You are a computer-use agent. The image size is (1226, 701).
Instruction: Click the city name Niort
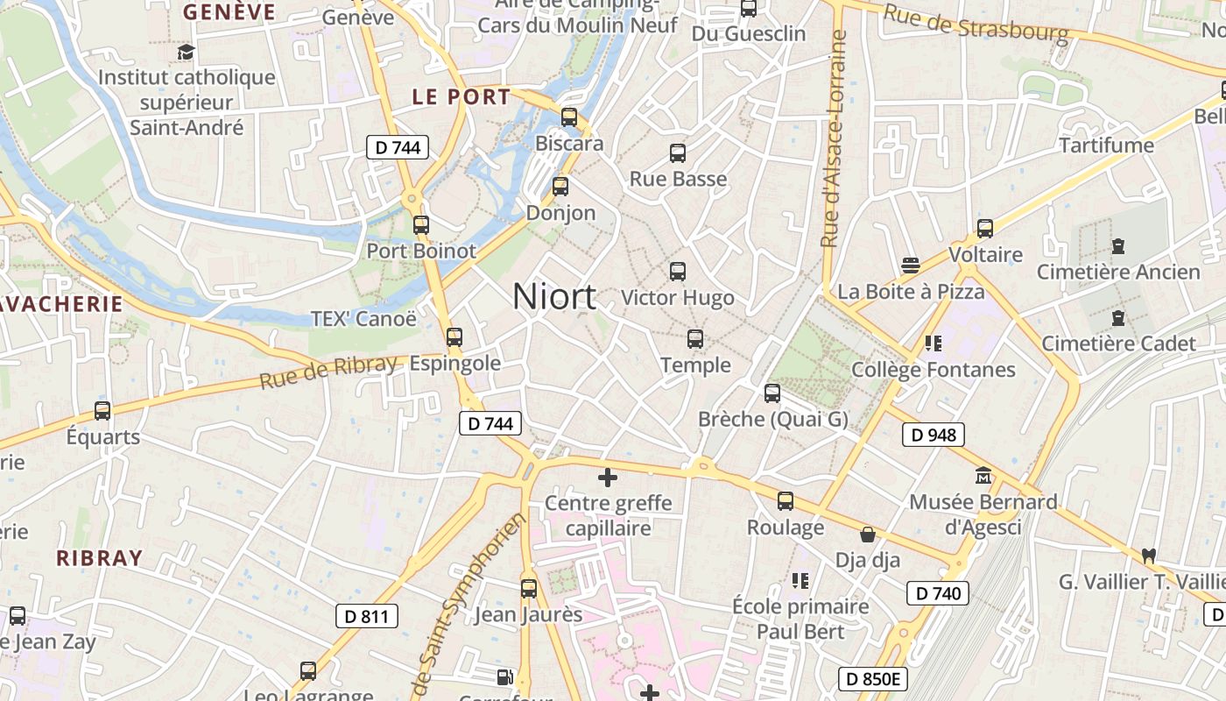554,297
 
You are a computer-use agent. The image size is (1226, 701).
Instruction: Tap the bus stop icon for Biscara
569,117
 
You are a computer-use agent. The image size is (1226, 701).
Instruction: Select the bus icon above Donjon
560,186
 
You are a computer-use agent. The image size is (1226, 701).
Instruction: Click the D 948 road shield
933,435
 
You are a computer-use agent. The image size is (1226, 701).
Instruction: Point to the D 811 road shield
366,616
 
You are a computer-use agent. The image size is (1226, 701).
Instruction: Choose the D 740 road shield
937,593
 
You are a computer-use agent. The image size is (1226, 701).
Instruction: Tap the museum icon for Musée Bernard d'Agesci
983,476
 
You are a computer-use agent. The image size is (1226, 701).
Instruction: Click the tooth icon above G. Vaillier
1148,556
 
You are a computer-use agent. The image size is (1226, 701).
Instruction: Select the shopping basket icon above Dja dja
868,535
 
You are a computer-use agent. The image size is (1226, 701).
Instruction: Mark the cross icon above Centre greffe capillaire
607,478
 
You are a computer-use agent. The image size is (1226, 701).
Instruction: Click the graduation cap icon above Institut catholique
186,52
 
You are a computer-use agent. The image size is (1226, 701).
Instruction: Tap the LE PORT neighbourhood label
461,97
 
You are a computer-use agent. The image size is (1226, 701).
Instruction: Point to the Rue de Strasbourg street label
976,24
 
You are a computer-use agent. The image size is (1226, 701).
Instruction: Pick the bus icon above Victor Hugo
678,272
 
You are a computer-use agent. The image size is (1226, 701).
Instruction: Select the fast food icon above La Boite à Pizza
911,265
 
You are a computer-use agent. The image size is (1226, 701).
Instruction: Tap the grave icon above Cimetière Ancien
1118,246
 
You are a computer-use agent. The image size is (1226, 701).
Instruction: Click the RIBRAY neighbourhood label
99,558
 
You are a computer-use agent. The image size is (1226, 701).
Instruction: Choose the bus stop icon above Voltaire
985,229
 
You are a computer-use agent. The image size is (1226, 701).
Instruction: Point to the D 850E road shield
872,678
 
